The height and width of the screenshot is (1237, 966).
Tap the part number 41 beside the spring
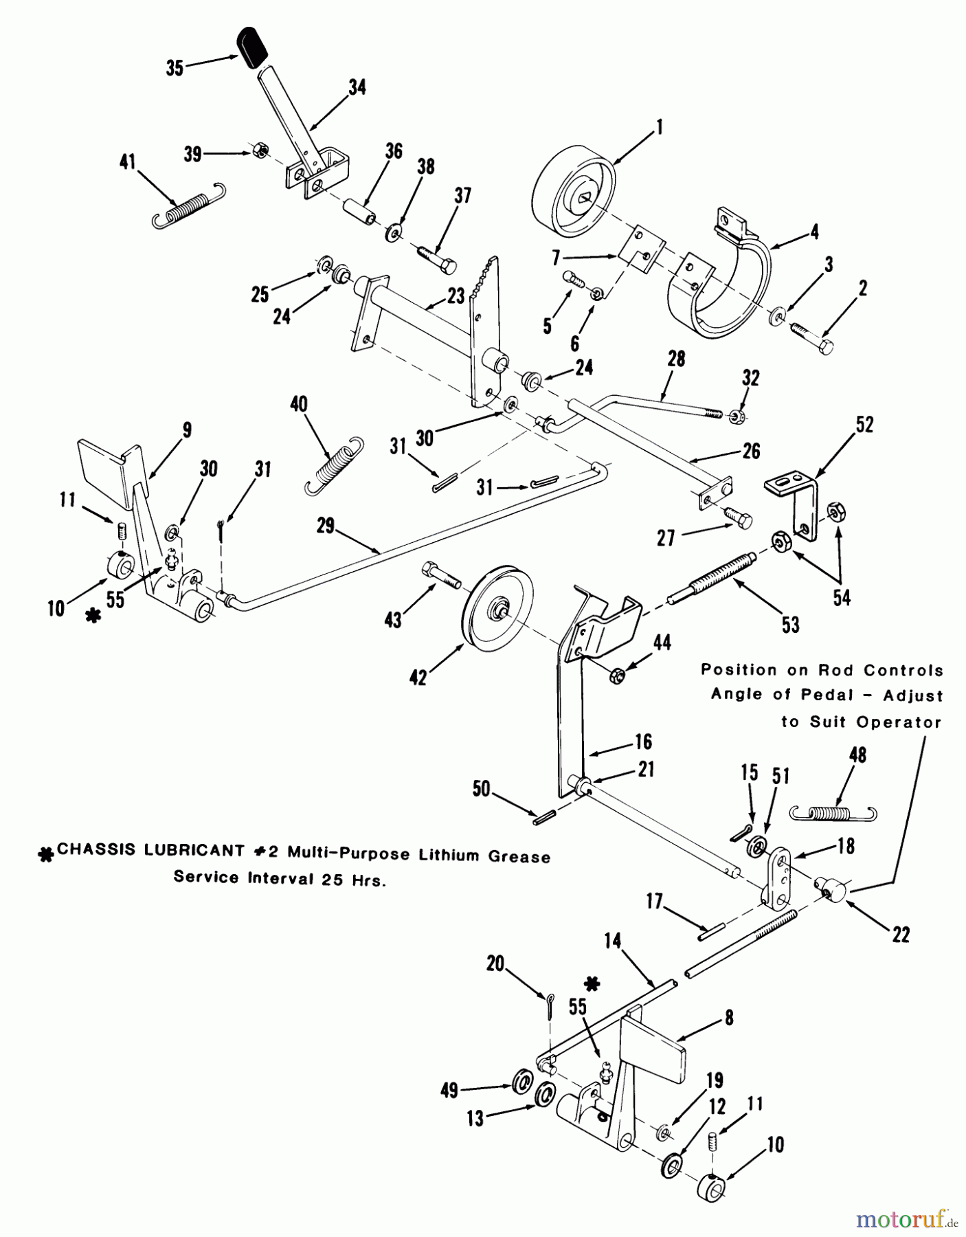pos(128,163)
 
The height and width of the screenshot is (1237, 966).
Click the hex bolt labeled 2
pos(813,337)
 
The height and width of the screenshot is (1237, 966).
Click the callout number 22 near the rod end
pos(900,935)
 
